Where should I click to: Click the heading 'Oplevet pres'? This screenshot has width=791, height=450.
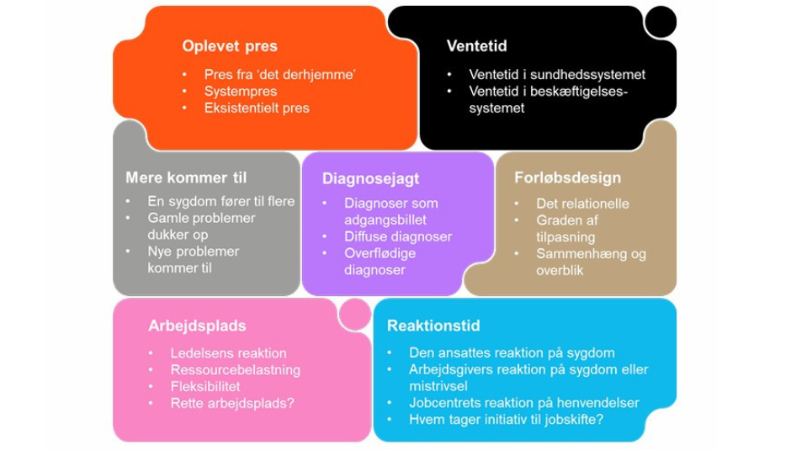coord(229,46)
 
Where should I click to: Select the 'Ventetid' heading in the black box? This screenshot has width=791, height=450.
coord(476,46)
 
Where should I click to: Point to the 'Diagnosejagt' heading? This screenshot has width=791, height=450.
coord(370,178)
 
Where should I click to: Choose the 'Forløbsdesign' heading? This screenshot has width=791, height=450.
coord(568,178)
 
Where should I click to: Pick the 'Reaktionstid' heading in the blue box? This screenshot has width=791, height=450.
coord(433,325)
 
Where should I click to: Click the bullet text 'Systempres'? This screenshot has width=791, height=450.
coord(241,91)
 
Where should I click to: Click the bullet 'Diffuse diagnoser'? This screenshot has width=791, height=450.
coord(398,236)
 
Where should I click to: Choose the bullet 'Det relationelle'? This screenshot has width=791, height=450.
coord(582,204)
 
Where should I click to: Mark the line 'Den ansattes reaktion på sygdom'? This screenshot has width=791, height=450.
coord(512,352)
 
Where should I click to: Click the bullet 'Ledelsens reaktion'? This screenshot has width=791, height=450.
coord(228,353)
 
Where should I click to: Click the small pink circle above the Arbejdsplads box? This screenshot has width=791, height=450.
coord(353,313)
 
